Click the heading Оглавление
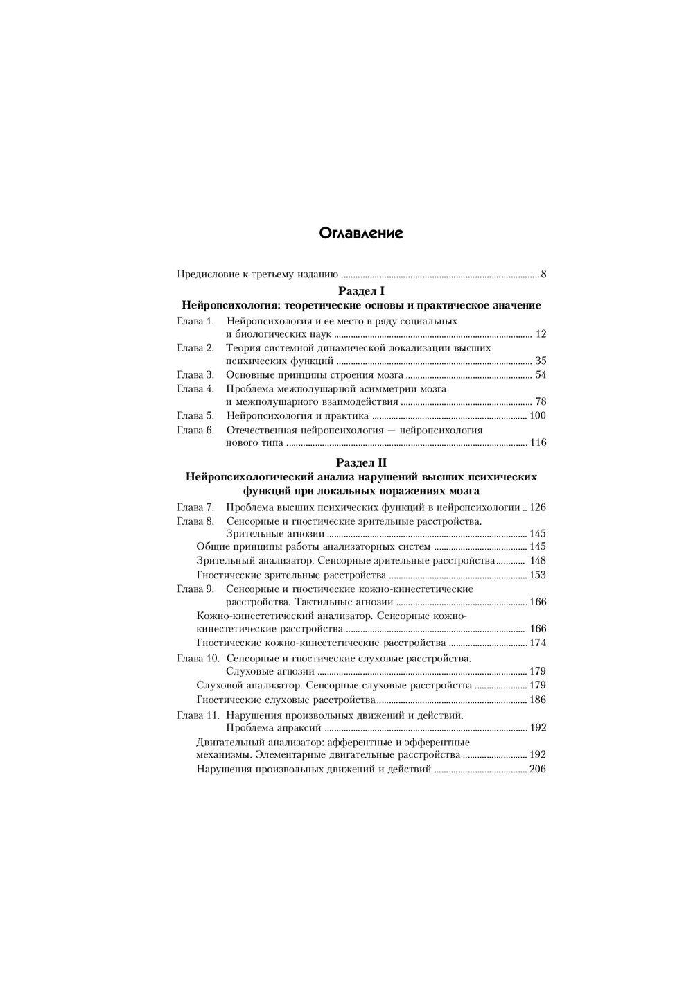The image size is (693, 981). point(361,234)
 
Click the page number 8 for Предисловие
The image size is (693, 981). point(543,274)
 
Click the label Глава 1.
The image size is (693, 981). point(195,321)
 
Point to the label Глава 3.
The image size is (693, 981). point(195,375)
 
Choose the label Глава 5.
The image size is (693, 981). point(195,416)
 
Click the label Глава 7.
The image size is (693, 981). point(195,507)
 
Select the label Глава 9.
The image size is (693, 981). point(195,589)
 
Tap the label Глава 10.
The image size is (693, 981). point(198,658)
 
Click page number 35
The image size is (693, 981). point(541,361)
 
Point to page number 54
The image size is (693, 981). point(541,375)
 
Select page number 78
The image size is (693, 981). point(541,402)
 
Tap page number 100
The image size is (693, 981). point(538,416)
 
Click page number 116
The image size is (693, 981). point(538,443)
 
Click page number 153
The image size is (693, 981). point(538,575)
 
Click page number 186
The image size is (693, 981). point(538,700)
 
